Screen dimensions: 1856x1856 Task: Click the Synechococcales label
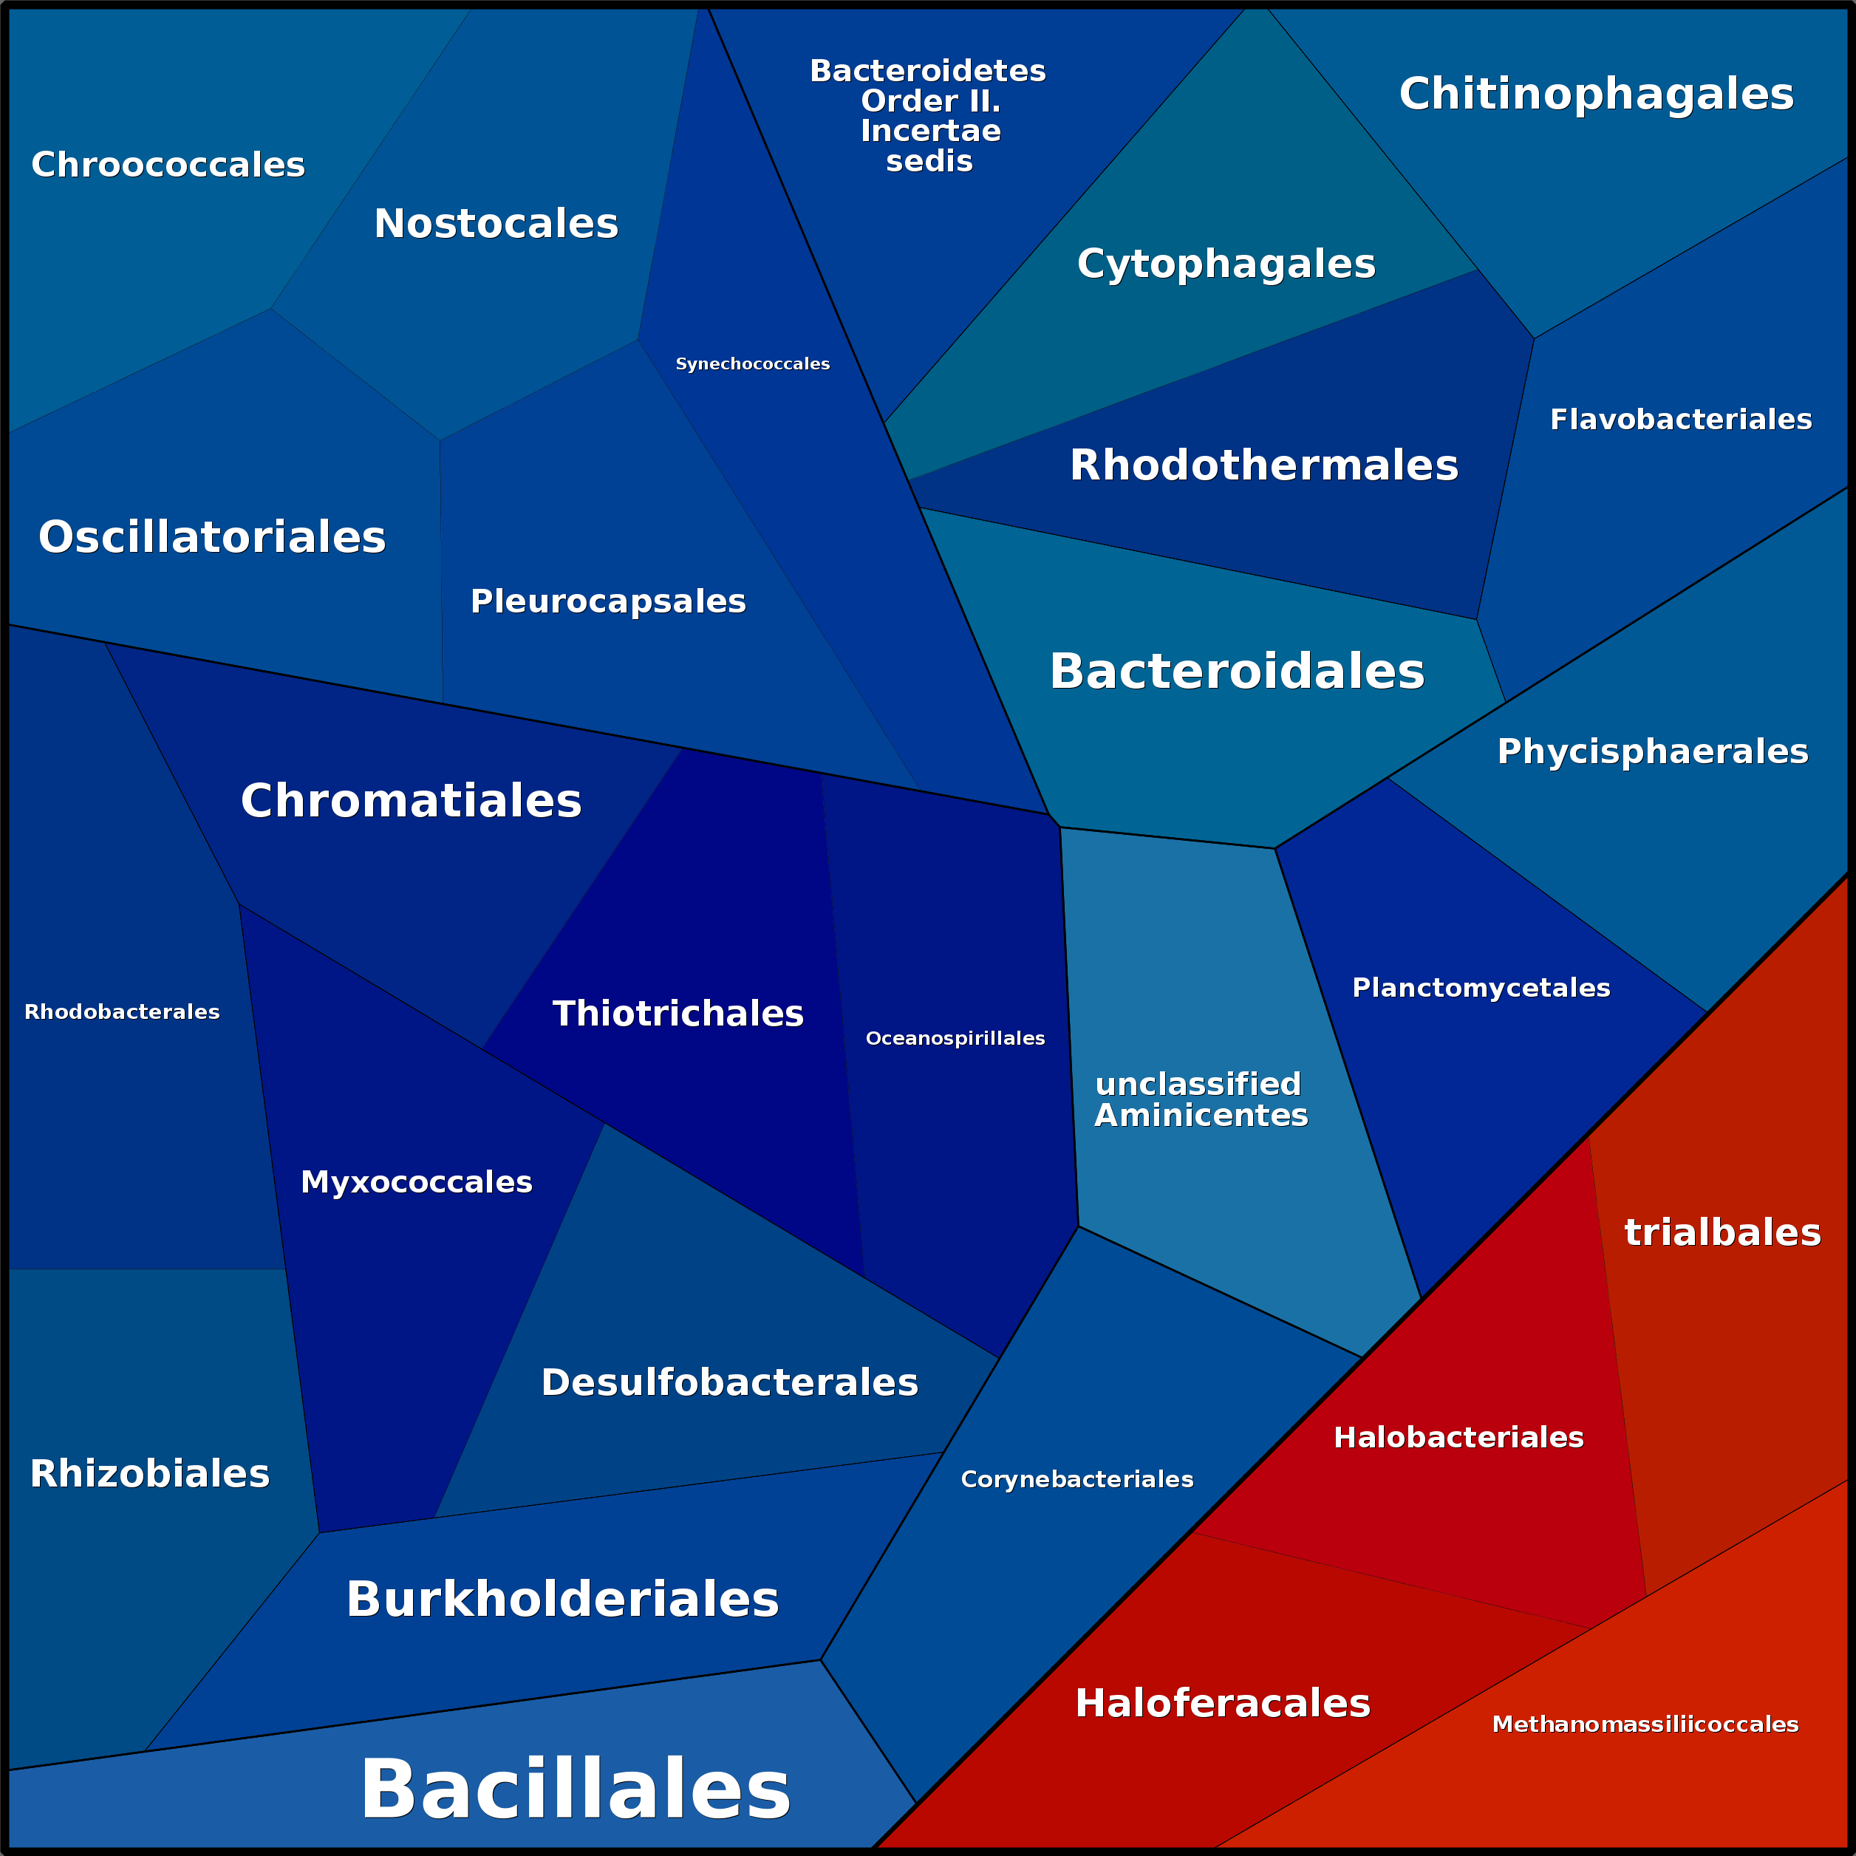(x=752, y=364)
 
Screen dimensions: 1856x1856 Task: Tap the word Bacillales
(x=575, y=1789)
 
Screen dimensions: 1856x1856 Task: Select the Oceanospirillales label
(x=955, y=1039)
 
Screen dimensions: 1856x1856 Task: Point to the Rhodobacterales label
(x=122, y=1011)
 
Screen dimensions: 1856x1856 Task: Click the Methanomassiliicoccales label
(x=1645, y=1724)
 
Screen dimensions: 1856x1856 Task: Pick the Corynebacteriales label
(x=1077, y=1479)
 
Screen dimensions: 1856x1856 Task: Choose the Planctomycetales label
(x=1481, y=988)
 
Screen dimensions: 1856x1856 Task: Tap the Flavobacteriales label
(x=1680, y=420)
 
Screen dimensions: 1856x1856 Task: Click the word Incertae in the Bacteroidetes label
(x=930, y=131)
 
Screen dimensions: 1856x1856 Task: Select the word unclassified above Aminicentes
(x=1198, y=1084)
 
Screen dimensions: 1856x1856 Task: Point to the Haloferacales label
(x=1222, y=1703)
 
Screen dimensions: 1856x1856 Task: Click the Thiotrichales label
(x=678, y=1014)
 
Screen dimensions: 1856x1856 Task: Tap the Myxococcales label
(x=416, y=1181)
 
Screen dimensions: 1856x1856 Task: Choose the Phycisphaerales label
(x=1652, y=751)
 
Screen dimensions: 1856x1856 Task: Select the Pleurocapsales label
(x=607, y=601)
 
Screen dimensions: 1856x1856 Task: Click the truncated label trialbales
(x=1722, y=1232)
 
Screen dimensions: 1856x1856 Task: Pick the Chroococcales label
(x=168, y=164)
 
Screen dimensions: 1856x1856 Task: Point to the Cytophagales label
(x=1226, y=263)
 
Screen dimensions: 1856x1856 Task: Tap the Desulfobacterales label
(x=729, y=1382)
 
